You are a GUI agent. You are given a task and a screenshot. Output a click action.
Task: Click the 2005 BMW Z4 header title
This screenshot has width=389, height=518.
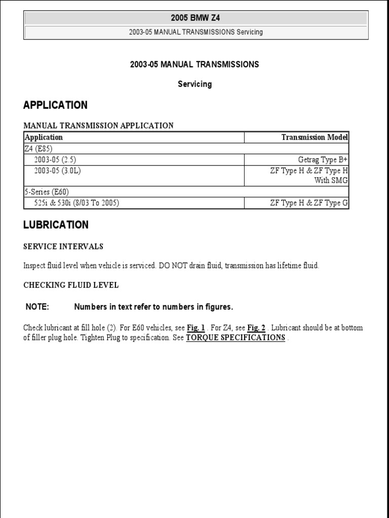point(195,19)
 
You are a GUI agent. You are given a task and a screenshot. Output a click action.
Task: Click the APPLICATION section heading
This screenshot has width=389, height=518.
point(55,105)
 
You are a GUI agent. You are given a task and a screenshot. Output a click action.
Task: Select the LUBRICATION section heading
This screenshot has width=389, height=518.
point(56,225)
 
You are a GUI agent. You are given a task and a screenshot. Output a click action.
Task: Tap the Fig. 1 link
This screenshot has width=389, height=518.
point(196,328)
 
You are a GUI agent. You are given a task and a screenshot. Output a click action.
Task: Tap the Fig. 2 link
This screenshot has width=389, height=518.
point(256,328)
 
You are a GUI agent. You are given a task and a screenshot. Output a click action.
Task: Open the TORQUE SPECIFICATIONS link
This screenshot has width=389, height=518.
point(236,337)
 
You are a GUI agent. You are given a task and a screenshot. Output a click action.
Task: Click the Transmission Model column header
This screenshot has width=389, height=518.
point(315,137)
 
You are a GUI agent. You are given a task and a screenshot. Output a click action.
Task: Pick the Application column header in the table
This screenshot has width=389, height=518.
point(44,137)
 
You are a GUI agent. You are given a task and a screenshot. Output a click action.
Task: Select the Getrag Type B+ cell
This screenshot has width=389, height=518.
point(323,160)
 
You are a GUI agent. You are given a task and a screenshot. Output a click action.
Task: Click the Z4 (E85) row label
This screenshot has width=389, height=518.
point(38,149)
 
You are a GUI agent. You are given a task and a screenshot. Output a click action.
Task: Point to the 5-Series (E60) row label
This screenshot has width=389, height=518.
point(46,192)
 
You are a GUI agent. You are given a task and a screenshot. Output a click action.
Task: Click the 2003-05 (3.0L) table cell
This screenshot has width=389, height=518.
point(57,171)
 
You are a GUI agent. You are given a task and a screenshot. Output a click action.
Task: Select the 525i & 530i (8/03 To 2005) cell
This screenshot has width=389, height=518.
point(76,203)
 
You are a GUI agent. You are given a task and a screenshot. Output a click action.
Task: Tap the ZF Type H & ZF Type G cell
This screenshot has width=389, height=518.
point(309,203)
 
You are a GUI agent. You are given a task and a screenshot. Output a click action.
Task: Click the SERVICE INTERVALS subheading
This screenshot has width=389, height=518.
point(63,247)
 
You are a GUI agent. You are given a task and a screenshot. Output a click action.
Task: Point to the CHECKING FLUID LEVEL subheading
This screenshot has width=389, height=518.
point(71,285)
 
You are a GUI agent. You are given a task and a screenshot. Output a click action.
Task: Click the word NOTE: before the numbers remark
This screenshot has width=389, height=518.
point(37,307)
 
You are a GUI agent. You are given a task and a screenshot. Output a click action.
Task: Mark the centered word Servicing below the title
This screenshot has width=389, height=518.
point(194,84)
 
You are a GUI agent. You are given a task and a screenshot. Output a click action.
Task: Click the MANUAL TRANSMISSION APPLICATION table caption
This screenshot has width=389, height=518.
point(98,125)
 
